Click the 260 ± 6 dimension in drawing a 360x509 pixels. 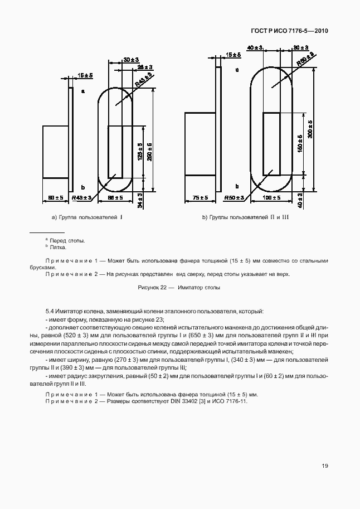[x=149, y=152]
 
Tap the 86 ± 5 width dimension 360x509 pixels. [x=115, y=198]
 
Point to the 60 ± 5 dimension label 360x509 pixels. [x=55, y=198]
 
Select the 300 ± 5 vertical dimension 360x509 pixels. [x=310, y=130]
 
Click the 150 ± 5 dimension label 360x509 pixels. [x=301, y=144]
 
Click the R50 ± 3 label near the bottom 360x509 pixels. [x=234, y=198]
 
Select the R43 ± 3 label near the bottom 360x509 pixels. [x=82, y=198]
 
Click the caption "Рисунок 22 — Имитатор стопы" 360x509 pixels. [x=179, y=288]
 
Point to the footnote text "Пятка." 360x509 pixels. [x=58, y=248]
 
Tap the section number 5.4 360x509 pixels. [x=49, y=311]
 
